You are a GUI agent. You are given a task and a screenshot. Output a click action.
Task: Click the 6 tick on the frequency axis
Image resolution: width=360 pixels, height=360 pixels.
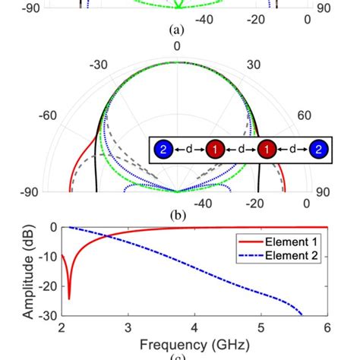(x=327, y=327)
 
